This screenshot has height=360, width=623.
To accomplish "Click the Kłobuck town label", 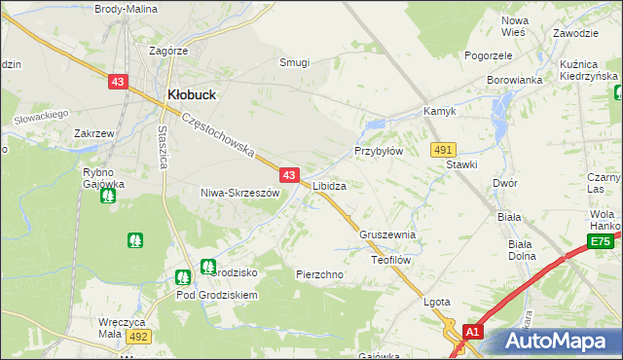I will click(x=192, y=94).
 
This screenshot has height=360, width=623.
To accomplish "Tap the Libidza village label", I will click(x=330, y=185).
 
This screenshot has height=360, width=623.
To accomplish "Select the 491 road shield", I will click(x=444, y=149).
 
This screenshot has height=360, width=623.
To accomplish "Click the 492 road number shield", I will click(x=137, y=337).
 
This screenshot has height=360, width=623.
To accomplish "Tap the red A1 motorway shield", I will click(x=472, y=332).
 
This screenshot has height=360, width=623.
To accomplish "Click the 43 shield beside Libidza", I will click(x=289, y=175).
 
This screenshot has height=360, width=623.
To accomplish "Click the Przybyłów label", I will click(x=378, y=152).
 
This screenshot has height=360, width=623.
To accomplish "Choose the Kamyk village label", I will click(x=440, y=112).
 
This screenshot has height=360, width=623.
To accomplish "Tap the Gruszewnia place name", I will click(x=387, y=235).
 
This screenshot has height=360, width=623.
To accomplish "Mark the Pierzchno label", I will click(x=319, y=275).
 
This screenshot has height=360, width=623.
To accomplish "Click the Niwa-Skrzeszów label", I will click(x=239, y=193).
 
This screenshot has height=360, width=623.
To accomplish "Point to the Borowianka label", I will click(x=513, y=81).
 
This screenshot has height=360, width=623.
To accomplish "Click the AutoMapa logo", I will click(x=559, y=342).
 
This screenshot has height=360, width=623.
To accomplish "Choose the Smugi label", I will click(x=294, y=62).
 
